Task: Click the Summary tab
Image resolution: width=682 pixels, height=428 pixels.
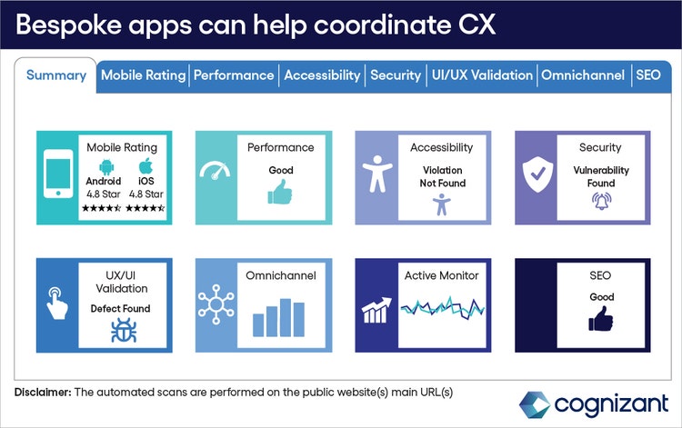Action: click(x=56, y=75)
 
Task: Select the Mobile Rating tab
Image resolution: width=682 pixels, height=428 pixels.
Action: click(x=143, y=75)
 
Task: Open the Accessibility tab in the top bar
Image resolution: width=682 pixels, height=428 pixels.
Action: click(x=322, y=75)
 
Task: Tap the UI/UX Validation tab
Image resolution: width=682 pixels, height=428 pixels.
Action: click(x=481, y=75)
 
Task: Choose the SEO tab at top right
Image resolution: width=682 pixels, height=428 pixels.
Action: click(x=648, y=75)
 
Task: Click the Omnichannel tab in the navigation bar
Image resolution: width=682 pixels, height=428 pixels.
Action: click(x=583, y=75)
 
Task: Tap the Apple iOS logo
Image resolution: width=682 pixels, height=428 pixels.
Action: click(x=144, y=166)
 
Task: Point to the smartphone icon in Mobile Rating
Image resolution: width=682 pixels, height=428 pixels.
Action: click(x=58, y=178)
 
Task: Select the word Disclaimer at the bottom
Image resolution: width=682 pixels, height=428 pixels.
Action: click(x=43, y=392)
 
